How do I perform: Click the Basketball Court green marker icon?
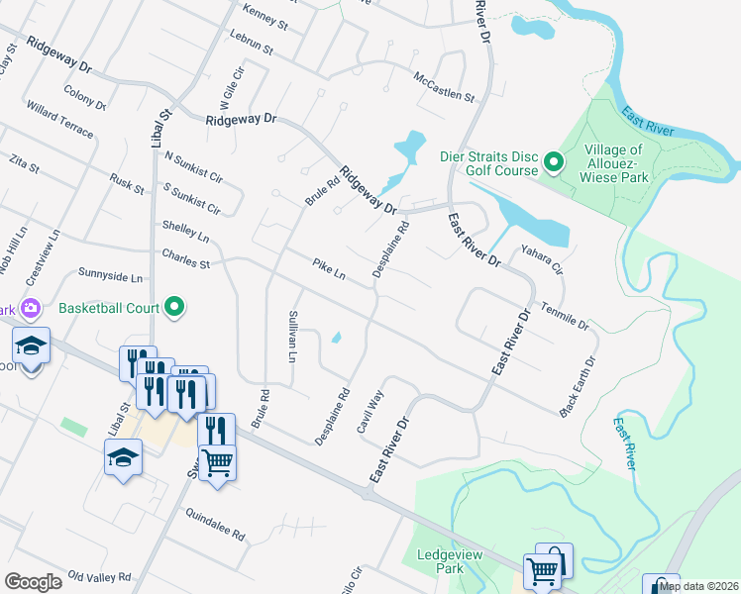tap(174, 307)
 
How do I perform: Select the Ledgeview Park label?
tap(449, 561)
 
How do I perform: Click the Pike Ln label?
tap(328, 269)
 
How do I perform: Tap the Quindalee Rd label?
tap(215, 524)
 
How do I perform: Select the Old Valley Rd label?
tap(98, 576)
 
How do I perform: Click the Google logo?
tap(33, 582)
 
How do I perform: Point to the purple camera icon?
tap(30, 308)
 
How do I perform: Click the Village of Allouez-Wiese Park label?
tap(620, 164)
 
